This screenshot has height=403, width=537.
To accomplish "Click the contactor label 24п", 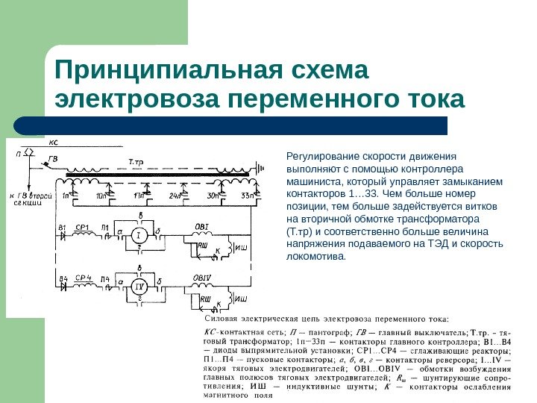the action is [x=175, y=196].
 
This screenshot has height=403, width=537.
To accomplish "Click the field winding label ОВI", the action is [x=201, y=226].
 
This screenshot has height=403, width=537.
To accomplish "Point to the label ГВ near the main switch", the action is [x=52, y=158].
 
